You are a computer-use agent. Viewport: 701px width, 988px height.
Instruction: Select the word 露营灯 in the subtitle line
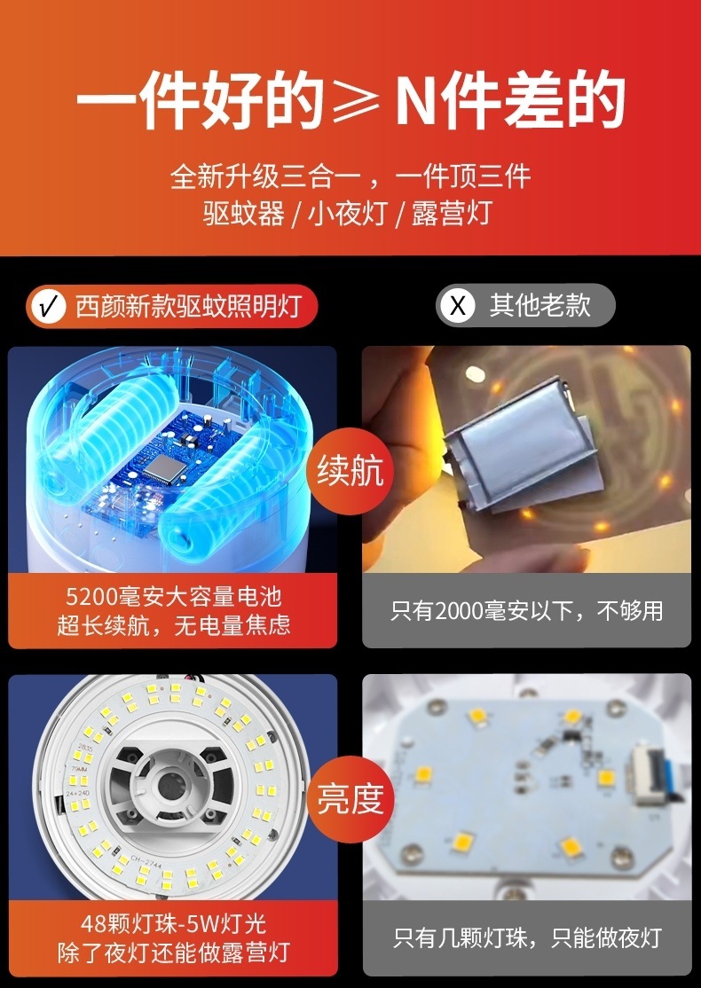[451, 214]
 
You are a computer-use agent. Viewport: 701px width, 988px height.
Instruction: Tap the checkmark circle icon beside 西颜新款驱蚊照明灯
[49, 307]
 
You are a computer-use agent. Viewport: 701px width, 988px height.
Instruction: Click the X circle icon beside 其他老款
[458, 307]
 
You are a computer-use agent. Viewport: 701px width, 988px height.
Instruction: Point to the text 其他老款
[540, 306]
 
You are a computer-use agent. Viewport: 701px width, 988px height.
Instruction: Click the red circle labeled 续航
[350, 471]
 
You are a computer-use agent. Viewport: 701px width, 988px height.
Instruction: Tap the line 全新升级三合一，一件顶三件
[350, 176]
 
